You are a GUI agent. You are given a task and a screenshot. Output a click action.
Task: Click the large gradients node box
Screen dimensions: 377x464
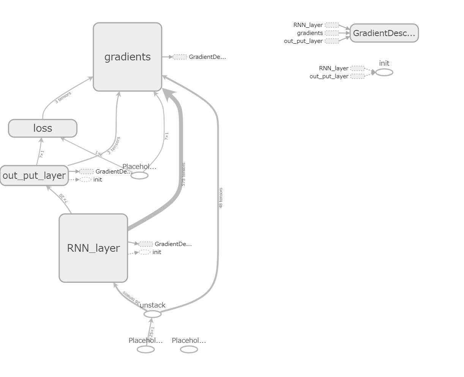[128, 57]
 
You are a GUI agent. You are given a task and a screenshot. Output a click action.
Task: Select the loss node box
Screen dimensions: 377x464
[43, 128]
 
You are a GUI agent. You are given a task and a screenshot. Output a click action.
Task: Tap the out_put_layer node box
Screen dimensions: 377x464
[34, 176]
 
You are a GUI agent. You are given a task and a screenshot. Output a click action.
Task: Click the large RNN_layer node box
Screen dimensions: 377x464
[93, 248]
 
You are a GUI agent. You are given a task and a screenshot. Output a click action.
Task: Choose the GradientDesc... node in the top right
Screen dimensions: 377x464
[384, 33]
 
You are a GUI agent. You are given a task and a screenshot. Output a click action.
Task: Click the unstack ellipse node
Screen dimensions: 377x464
[153, 314]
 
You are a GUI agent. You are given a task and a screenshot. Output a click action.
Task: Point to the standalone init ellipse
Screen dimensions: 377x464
[384, 72]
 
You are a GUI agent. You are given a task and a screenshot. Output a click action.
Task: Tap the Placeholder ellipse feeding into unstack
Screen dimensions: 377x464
[146, 349]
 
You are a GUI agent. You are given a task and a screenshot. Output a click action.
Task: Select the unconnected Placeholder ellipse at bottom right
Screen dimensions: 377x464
[189, 349]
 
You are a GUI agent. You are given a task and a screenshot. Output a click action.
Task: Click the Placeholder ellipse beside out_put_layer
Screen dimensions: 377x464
[139, 175]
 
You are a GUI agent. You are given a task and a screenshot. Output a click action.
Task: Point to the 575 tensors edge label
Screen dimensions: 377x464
[183, 175]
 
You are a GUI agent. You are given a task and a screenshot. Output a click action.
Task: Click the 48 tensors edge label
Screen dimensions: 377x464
[221, 198]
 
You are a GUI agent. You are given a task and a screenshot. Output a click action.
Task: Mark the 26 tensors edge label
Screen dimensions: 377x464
[131, 298]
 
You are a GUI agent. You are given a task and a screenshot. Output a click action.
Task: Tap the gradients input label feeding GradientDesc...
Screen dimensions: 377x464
[310, 33]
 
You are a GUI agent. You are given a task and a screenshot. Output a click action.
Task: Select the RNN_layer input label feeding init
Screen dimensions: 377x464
[333, 68]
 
